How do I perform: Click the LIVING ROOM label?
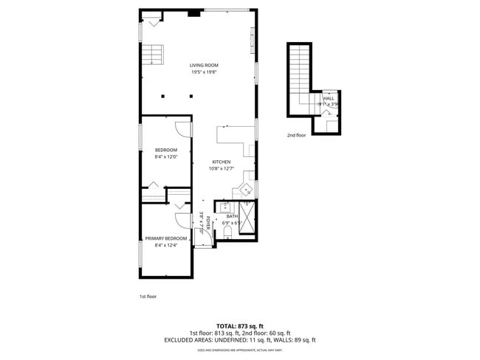point(204,66)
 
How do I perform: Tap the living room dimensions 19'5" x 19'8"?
point(204,72)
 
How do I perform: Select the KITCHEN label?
point(222,162)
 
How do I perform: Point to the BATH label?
point(233,216)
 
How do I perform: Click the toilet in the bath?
point(227,233)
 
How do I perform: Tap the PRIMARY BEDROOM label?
point(165,238)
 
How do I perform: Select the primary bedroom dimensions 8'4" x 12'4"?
point(165,245)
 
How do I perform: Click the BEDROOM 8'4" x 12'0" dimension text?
point(165,156)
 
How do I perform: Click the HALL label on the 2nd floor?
point(329,98)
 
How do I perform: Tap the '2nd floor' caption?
point(296,136)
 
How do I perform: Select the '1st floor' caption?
point(148,297)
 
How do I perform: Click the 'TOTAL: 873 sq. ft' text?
point(239,326)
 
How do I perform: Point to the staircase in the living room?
point(153,55)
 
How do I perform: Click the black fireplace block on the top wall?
point(193,13)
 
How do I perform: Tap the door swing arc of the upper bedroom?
point(181,129)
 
